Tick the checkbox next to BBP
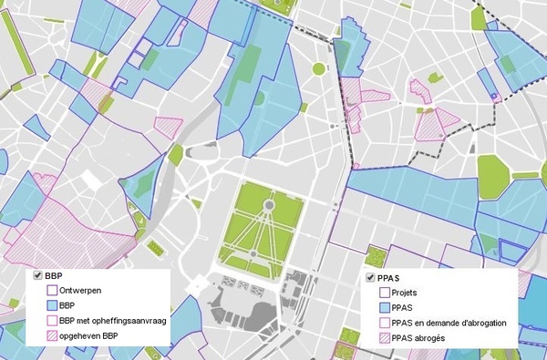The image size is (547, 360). [37, 275]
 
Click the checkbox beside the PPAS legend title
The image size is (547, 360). [371, 278]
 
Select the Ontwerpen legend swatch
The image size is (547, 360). [52, 291]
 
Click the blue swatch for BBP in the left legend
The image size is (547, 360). [52, 306]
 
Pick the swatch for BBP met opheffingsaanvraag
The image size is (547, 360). [52, 321]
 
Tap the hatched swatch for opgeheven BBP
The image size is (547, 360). [52, 336]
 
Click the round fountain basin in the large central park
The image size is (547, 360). [269, 206]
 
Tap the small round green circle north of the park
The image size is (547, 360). [319, 68]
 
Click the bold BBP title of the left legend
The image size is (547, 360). [55, 275]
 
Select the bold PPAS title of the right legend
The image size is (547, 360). [392, 278]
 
